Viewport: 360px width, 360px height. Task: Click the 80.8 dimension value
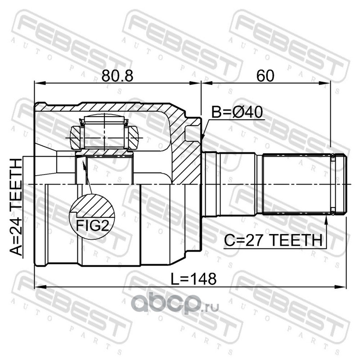point(117,76)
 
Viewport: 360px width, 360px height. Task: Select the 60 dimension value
point(265,76)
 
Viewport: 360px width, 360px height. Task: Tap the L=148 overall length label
point(194,279)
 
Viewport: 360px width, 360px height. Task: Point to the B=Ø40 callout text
point(237,112)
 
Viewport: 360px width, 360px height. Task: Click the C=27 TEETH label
point(273,240)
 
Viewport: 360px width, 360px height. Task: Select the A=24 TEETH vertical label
point(16,207)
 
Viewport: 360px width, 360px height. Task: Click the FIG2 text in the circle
point(92,225)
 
